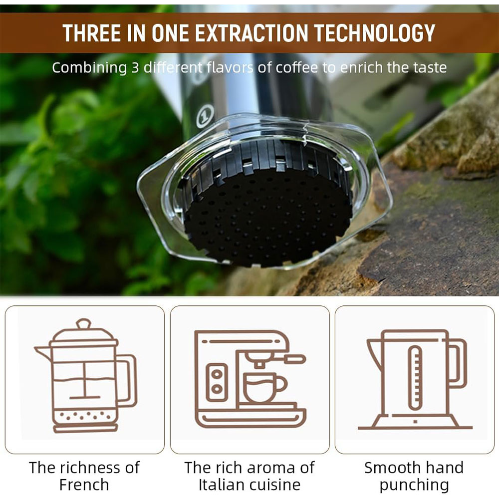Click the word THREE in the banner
coord(92,33)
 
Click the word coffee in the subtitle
coord(295,68)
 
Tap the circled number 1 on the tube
coord(205,116)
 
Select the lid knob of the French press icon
coord(84,324)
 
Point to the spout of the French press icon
coord(42,353)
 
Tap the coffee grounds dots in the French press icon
coord(85,415)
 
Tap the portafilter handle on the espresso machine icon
coord(294,359)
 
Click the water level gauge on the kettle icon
coord(415,378)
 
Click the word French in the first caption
coord(84,485)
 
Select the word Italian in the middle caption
coord(222,485)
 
